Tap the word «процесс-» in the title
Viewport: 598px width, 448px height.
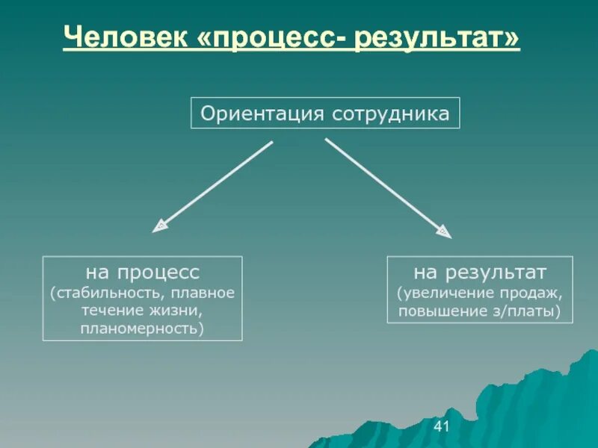pos(272,37)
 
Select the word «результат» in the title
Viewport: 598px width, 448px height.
pos(435,37)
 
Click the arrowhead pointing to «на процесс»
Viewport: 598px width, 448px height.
pos(159,225)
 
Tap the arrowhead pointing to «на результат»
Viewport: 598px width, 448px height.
pos(444,231)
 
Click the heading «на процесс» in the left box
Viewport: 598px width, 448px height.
pos(142,272)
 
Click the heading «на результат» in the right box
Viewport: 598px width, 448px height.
pos(480,271)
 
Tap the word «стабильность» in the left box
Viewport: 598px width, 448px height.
pos(103,292)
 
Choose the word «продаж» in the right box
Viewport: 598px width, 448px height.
pos(532,292)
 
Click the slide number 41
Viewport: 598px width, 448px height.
pos(441,426)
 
